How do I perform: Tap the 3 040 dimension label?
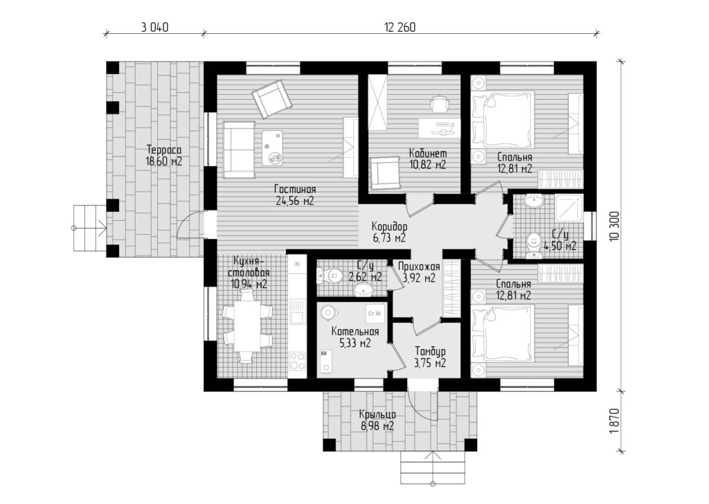155,28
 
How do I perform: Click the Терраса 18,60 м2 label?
163,156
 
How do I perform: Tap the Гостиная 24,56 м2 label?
294,195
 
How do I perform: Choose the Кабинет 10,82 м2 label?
427,159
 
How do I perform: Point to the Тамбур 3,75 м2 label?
430,357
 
